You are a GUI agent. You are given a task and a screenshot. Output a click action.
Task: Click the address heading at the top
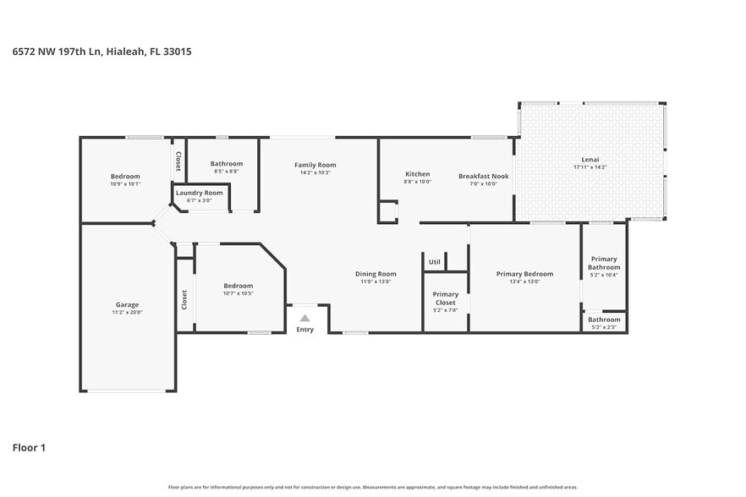[x=101, y=52]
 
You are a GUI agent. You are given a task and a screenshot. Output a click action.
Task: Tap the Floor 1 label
[x=29, y=447]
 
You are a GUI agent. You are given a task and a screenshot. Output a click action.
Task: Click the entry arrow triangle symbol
[x=305, y=318]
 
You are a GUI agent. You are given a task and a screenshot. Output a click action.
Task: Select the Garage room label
[x=127, y=305]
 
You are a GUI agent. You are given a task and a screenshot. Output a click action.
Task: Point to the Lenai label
[x=590, y=160]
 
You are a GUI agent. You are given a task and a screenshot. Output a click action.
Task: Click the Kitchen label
[x=417, y=174]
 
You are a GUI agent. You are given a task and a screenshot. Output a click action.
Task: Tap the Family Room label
[x=315, y=165]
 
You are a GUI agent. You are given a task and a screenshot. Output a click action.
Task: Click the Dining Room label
[x=376, y=274]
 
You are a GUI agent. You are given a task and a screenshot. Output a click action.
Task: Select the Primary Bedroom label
[x=524, y=274]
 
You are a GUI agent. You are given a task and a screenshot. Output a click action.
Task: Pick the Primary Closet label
[x=445, y=298]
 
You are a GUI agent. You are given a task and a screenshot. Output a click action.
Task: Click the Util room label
[x=435, y=262]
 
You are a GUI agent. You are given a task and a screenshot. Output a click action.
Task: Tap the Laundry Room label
[x=200, y=193]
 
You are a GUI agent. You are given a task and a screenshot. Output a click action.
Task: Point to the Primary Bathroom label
[x=604, y=263]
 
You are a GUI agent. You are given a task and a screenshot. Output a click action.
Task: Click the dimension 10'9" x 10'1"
[x=125, y=183]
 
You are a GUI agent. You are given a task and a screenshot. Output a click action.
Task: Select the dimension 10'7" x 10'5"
[x=238, y=293]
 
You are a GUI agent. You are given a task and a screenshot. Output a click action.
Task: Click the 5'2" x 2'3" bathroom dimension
[x=604, y=327]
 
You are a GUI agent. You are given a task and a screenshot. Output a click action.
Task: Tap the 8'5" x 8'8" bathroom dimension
[x=227, y=171]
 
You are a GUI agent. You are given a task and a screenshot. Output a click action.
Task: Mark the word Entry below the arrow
[x=304, y=330]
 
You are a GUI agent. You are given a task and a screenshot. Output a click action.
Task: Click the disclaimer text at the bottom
[x=373, y=487]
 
